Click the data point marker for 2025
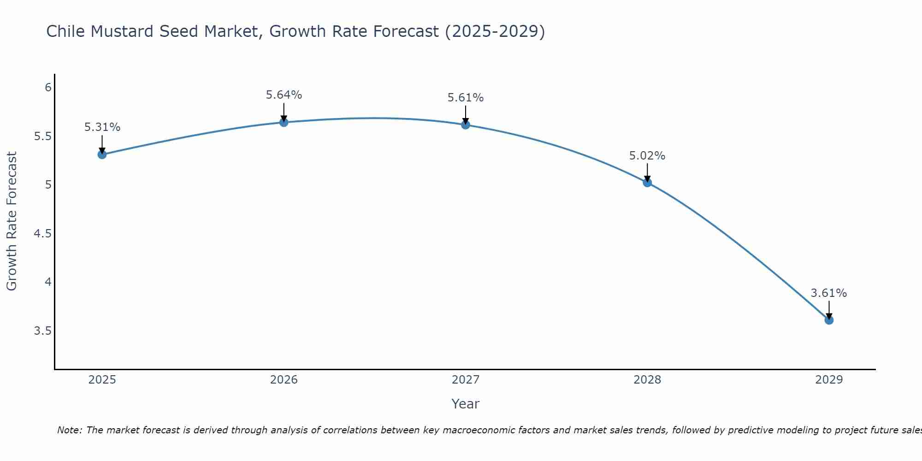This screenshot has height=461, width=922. point(102,154)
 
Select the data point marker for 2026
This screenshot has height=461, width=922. point(284,122)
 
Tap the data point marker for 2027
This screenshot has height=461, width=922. point(466,125)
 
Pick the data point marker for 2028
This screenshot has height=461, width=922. point(647,183)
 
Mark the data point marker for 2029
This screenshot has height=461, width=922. point(829,320)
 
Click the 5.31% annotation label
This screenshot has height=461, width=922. point(102,127)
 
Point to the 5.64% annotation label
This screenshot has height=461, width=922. point(284,95)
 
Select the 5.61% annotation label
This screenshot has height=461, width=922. point(466,98)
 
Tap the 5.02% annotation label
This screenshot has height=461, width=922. point(647,156)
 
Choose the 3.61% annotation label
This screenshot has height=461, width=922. point(829,293)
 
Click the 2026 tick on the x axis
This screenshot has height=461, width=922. point(284,380)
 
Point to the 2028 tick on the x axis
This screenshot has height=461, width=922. point(647,380)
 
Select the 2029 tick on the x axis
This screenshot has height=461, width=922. point(829,380)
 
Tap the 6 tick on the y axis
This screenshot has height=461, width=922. point(48,88)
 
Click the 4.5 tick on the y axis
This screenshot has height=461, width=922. point(42,234)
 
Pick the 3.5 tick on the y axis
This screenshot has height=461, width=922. point(42,331)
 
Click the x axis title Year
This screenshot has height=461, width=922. point(466,404)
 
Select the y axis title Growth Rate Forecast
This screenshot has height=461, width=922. point(12,221)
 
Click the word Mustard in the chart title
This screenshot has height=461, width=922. point(122,31)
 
